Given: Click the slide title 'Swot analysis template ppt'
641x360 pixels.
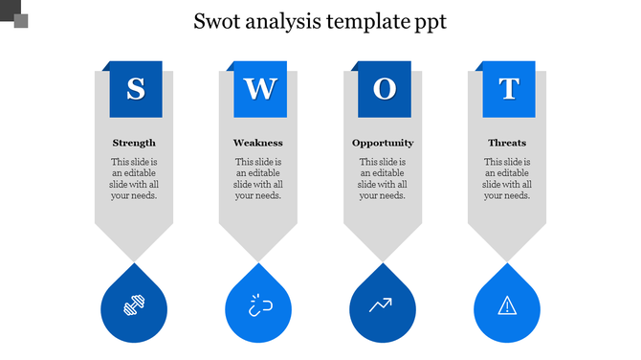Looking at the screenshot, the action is tap(320, 21).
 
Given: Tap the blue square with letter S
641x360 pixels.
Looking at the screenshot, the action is tap(136, 90).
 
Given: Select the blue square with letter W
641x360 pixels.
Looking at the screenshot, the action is tap(260, 90).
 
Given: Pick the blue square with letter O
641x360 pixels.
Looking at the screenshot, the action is tap(385, 90).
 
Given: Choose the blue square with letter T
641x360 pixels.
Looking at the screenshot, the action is tap(508, 90).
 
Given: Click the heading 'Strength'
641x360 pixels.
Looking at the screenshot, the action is tap(134, 143).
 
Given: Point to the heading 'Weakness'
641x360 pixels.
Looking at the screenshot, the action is tap(258, 143).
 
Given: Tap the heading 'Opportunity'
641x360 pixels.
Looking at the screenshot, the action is tap(383, 143).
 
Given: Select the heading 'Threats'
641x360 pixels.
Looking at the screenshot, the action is tap(507, 143).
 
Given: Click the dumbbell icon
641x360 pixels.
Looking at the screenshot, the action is tap(134, 306).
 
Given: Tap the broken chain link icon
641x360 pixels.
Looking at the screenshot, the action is tap(258, 306).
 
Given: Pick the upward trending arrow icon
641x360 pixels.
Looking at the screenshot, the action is tap(383, 306).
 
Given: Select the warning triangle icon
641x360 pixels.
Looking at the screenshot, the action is tap(507, 306).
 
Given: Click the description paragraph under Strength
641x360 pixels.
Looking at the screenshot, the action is tap(134, 179).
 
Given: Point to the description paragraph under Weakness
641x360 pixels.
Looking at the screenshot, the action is tap(258, 179).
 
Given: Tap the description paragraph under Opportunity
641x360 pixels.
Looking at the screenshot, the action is tap(383, 179).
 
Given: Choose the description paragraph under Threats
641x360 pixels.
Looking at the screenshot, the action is tap(507, 179).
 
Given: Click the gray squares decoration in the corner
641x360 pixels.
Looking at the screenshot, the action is tap(15, 13).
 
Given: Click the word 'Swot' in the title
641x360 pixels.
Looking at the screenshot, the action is tap(217, 21).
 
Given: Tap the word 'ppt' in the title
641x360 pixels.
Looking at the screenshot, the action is tap(428, 23).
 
